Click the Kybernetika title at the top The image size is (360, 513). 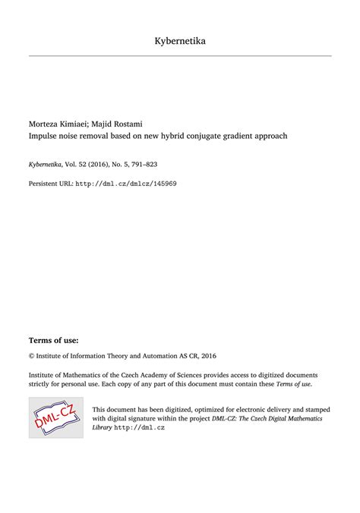(179, 40)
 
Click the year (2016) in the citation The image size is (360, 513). (103, 163)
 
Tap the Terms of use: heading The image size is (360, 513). (53, 341)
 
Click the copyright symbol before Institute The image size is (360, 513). (32, 354)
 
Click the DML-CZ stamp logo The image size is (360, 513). (55, 415)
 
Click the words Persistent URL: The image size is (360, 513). (51, 183)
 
